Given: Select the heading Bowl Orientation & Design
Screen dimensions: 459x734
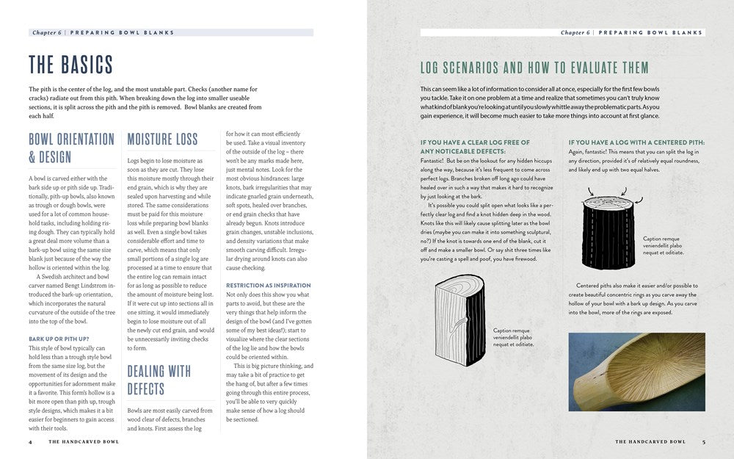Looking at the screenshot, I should [x=71, y=148].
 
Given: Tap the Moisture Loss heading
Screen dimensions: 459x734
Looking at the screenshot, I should [x=162, y=139].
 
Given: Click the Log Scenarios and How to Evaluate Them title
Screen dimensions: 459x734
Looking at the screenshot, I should [x=534, y=68].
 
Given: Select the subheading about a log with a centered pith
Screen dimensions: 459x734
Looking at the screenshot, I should [x=636, y=142].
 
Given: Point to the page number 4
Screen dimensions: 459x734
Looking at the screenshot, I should [x=30, y=442].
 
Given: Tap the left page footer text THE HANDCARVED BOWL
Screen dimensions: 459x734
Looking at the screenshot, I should [x=84, y=442].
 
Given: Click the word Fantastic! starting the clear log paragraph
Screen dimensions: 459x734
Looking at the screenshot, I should [x=436, y=160].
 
